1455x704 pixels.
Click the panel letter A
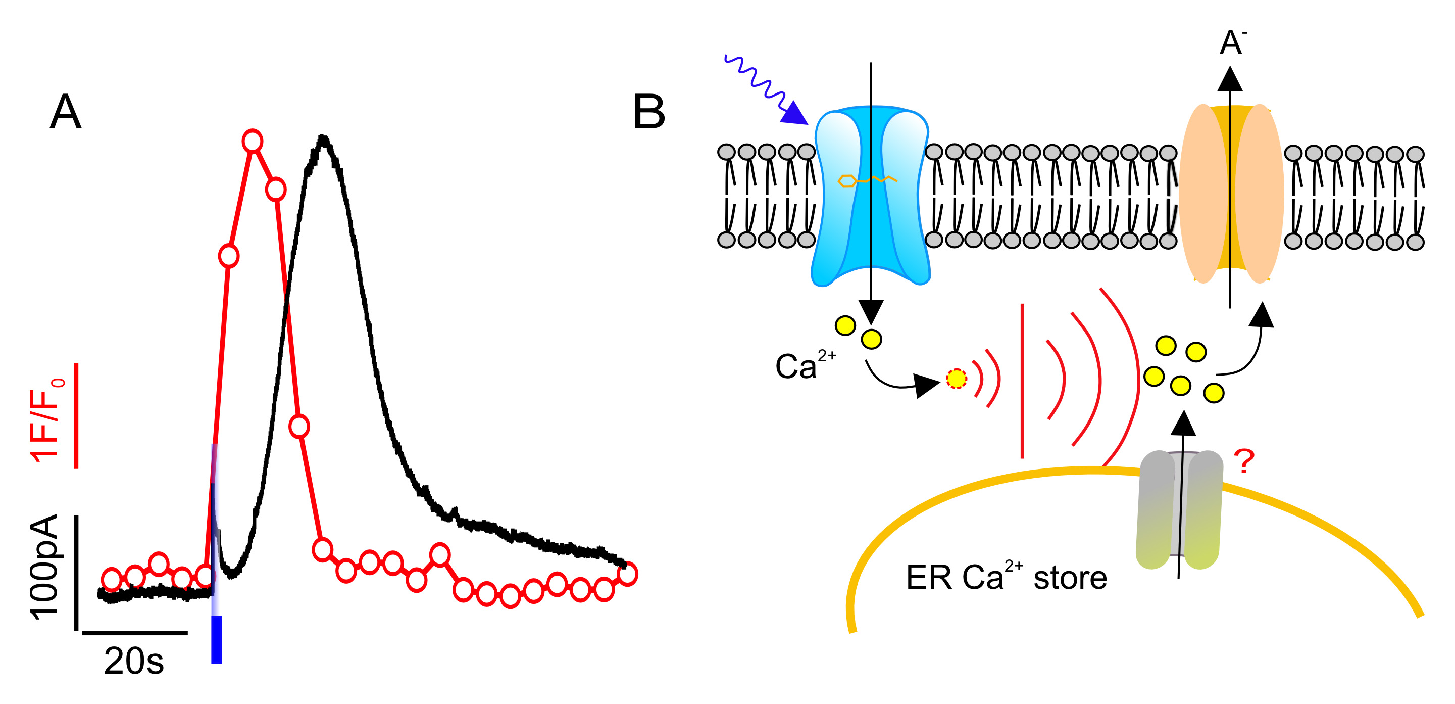click(x=66, y=112)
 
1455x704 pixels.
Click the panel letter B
click(x=649, y=112)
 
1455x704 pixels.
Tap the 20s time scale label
click(x=134, y=661)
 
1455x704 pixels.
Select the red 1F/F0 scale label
click(x=46, y=420)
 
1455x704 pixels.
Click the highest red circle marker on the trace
click(x=253, y=140)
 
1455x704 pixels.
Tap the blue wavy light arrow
click(x=763, y=87)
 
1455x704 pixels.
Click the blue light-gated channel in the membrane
click(x=870, y=195)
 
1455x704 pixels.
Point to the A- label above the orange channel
click(x=1232, y=42)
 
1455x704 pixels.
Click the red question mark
click(x=1244, y=461)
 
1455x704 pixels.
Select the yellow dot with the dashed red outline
click(x=956, y=379)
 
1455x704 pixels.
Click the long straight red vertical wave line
click(x=1022, y=381)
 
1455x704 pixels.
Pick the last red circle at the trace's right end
click(x=628, y=574)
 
